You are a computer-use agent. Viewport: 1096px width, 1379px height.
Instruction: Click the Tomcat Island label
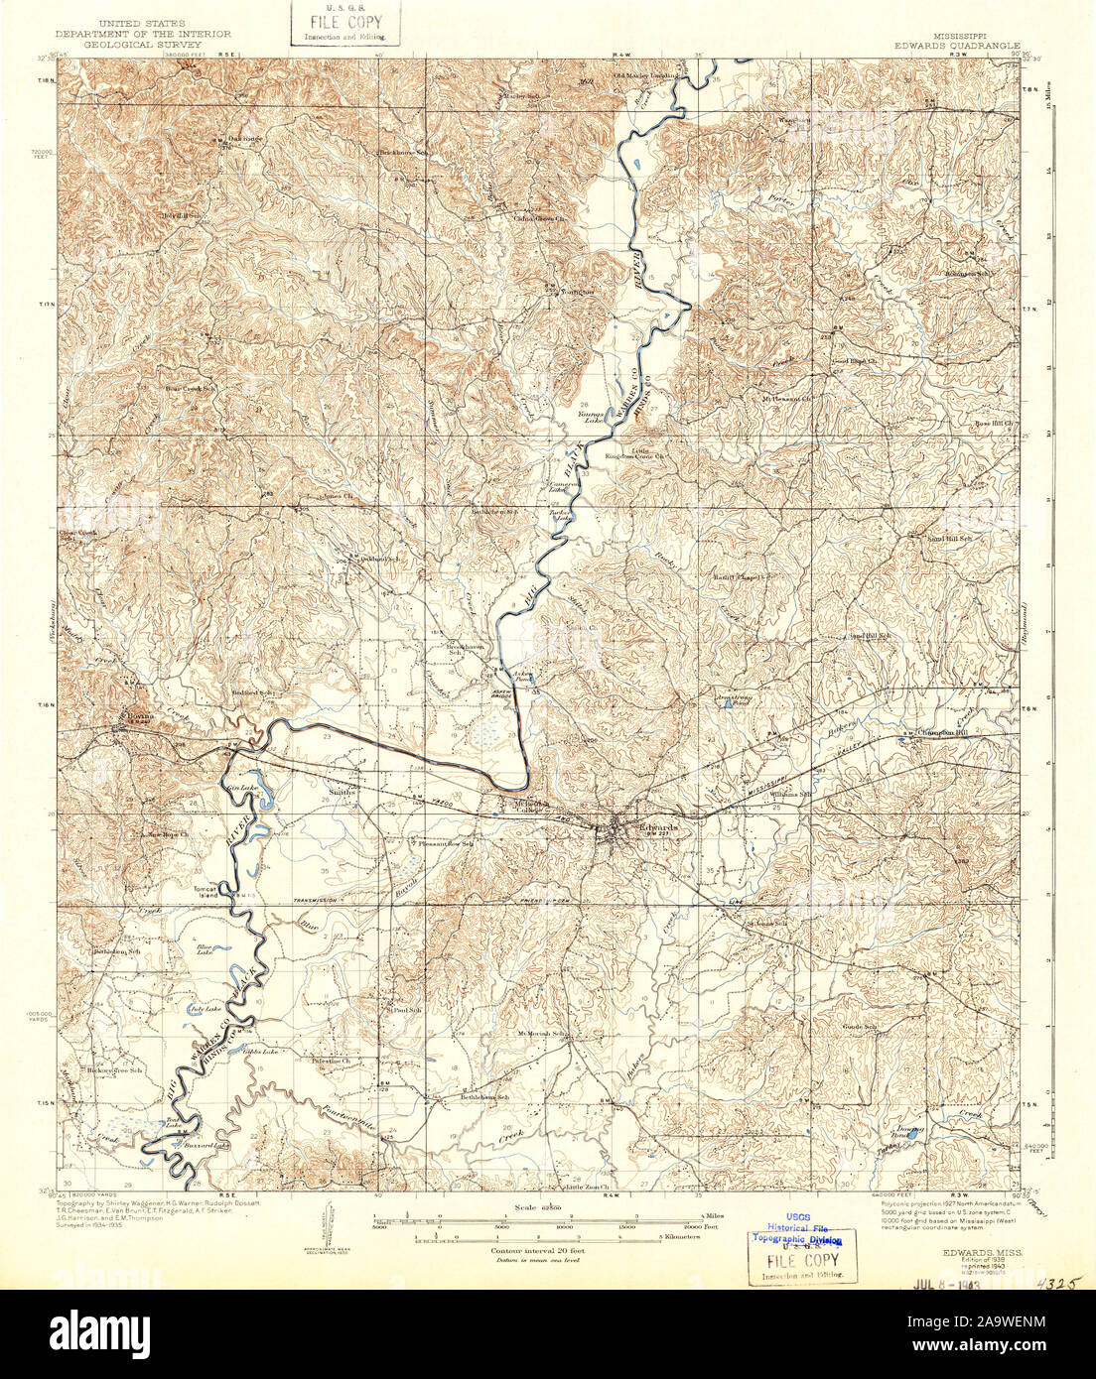click(x=205, y=892)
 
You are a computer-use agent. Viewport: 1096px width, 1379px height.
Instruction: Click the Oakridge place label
click(x=243, y=138)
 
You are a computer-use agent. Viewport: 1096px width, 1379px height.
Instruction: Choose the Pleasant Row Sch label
click(x=445, y=843)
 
